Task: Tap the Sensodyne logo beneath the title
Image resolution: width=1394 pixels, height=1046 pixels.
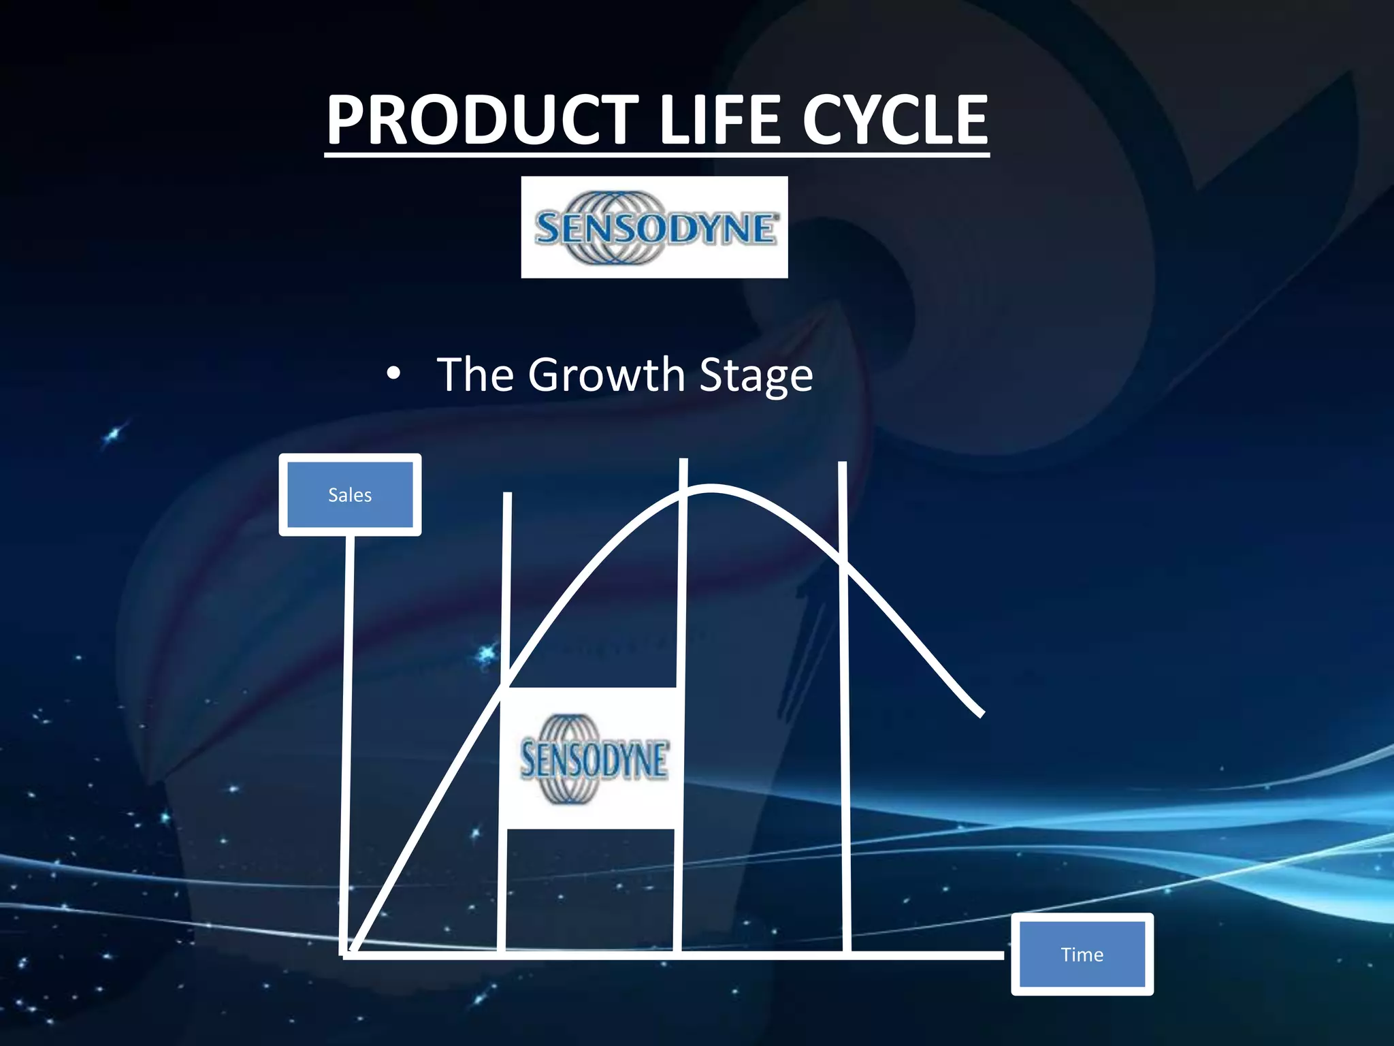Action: [x=654, y=227]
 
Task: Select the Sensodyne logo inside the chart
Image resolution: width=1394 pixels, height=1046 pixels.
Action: [x=592, y=759]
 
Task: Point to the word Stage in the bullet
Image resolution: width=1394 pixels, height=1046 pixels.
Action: [x=756, y=376]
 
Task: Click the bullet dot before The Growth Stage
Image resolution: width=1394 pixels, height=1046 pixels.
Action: [x=393, y=375]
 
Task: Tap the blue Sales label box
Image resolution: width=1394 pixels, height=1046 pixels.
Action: [x=350, y=495]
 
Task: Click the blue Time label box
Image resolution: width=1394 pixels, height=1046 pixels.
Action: [x=1082, y=954]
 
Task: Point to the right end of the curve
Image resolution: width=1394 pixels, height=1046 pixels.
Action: [x=982, y=714]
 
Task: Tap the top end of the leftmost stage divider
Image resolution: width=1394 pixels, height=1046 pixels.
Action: [x=507, y=494]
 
